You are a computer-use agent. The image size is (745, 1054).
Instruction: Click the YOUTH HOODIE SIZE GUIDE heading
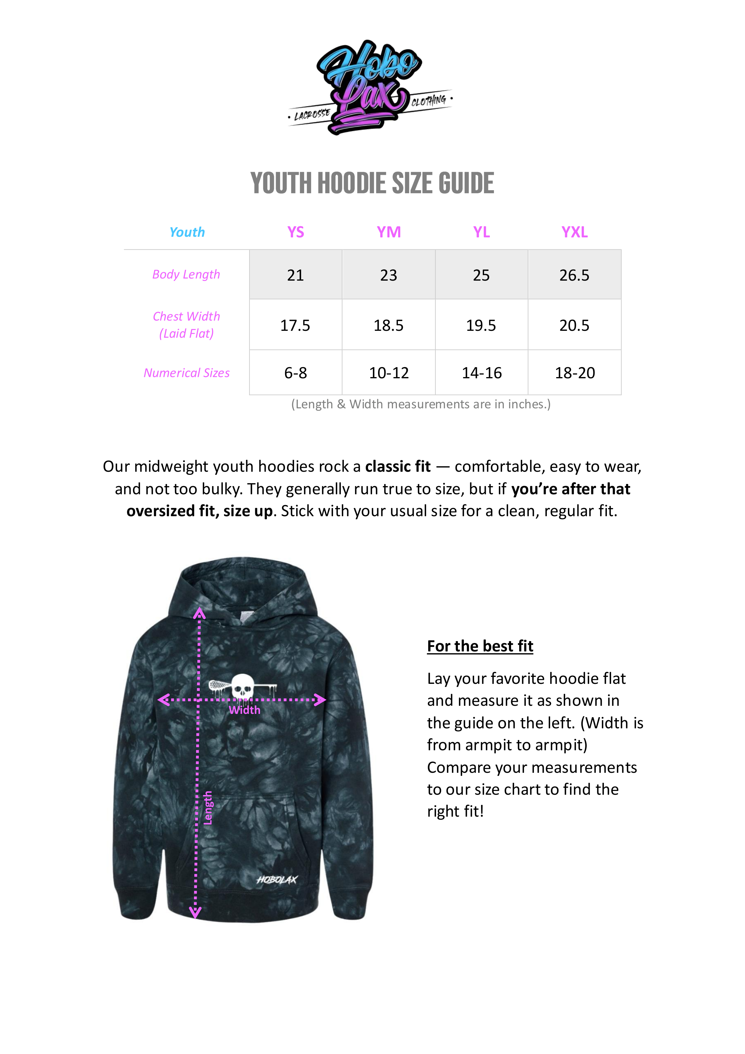click(x=372, y=183)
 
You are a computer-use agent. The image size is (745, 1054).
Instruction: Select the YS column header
click(x=295, y=232)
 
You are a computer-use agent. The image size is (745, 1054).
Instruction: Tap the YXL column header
click(x=574, y=232)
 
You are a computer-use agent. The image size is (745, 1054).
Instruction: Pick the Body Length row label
click(x=186, y=275)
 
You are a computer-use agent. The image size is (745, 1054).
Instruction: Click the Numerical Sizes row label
click(x=187, y=373)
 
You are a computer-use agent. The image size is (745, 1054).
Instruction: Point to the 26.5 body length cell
click(x=574, y=275)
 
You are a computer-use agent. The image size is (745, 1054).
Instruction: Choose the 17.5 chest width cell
click(x=295, y=325)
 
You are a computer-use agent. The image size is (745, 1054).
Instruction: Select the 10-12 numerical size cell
click(x=389, y=373)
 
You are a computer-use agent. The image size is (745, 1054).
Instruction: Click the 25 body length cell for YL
click(x=481, y=275)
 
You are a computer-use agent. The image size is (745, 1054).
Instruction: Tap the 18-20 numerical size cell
click(x=575, y=373)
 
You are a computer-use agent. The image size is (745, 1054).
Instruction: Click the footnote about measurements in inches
click(x=421, y=404)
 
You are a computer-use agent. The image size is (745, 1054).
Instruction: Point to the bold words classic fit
click(x=398, y=466)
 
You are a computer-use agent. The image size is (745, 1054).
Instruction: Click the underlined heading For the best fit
click(x=480, y=646)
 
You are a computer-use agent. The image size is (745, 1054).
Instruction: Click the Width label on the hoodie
click(x=244, y=710)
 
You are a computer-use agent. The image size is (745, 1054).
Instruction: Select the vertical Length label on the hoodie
click(x=208, y=808)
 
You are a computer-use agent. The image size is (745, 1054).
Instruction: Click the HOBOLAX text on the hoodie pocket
click(x=277, y=879)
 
